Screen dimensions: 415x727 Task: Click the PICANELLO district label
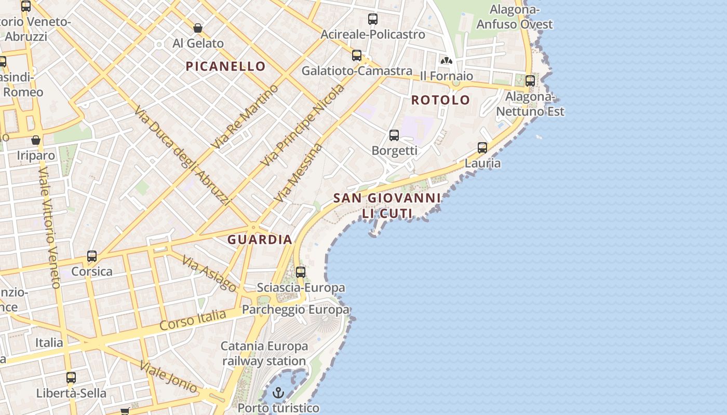point(226,66)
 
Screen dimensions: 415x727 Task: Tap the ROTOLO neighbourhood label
point(440,100)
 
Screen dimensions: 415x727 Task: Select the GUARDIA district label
point(260,240)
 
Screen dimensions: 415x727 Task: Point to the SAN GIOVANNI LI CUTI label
point(387,205)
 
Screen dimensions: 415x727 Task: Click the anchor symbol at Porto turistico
point(279,392)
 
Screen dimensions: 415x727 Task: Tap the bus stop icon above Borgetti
point(394,135)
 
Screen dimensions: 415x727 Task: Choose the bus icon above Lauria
point(482,148)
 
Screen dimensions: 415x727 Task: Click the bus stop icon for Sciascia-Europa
point(301,272)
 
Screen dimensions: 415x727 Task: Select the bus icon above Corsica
point(92,256)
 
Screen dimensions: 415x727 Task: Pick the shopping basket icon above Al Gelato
point(197,28)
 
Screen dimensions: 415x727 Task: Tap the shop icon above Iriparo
point(36,140)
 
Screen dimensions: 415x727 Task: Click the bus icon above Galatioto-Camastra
point(357,56)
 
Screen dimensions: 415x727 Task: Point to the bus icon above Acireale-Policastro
point(373,19)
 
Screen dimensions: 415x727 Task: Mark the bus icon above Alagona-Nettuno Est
point(530,81)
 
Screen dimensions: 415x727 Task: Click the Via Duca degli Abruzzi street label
point(182,156)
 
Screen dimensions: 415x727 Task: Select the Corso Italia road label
point(193,320)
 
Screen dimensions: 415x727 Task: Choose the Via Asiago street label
point(210,274)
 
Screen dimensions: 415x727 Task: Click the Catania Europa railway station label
point(264,353)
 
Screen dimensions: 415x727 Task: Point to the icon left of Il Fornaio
point(446,61)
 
